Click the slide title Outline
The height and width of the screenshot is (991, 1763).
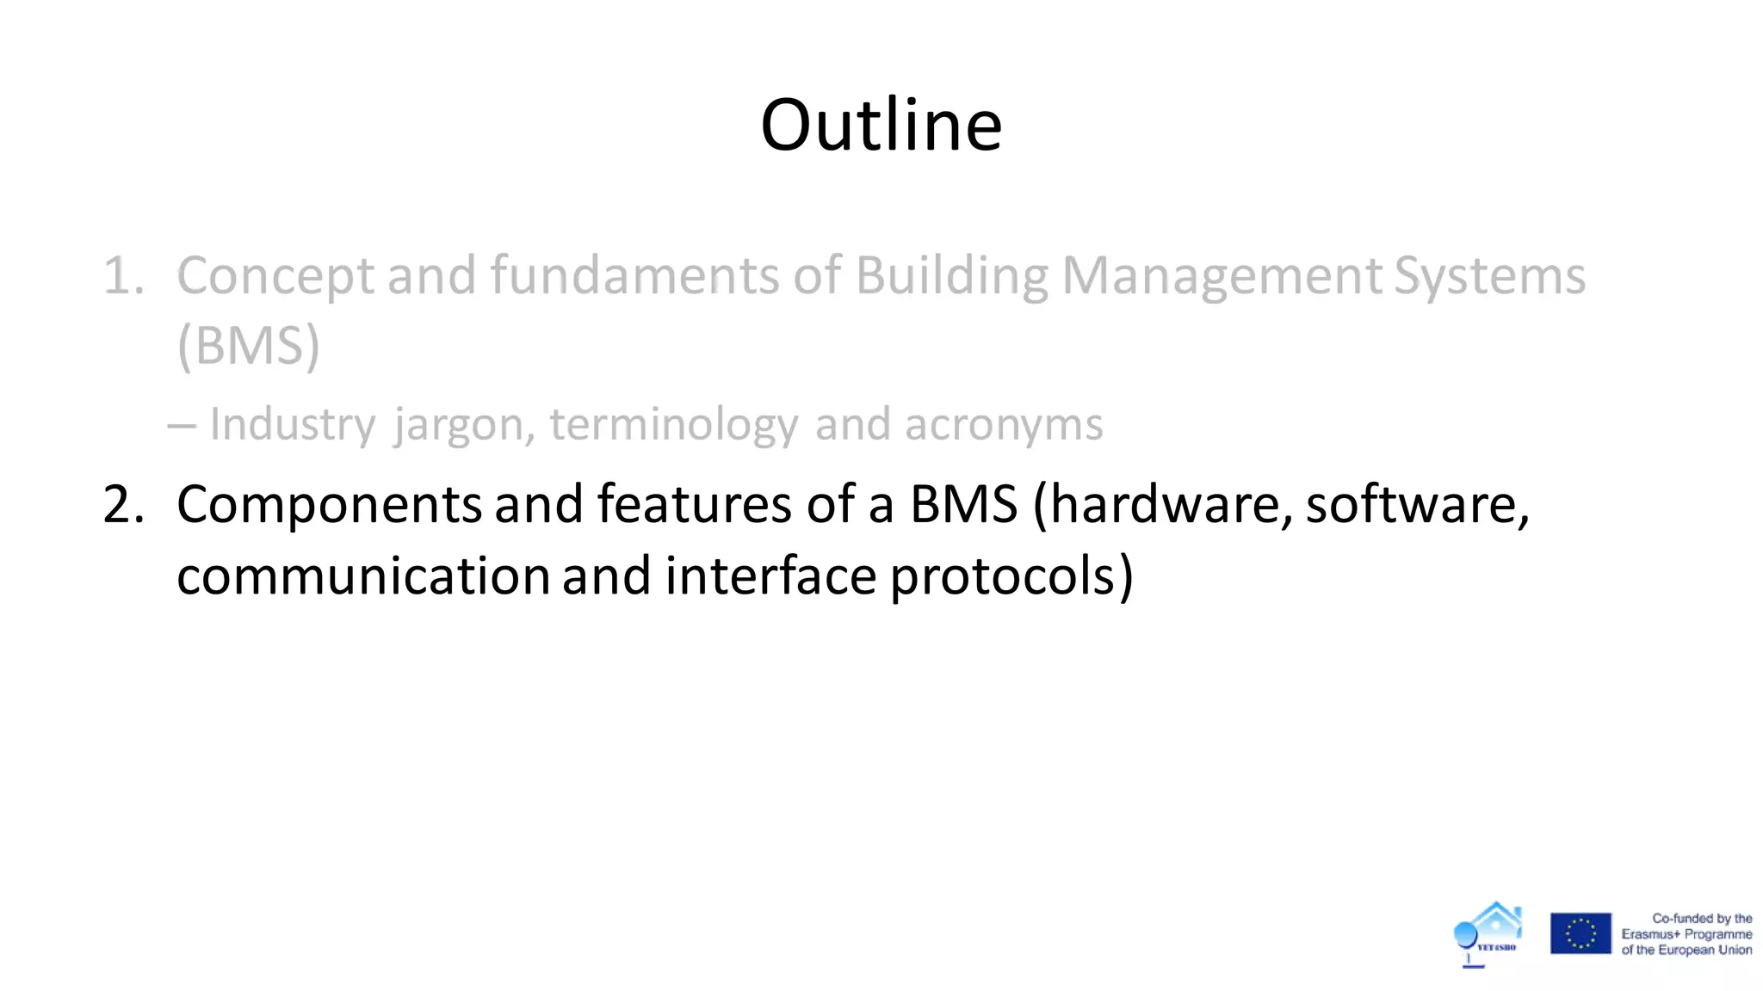tap(881, 126)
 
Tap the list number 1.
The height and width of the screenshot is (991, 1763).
tap(123, 277)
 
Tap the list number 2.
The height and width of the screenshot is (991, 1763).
tap(123, 505)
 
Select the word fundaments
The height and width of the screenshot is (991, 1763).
tap(634, 277)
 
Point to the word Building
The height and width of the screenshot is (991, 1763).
tap(952, 277)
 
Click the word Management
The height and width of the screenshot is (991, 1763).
tap(1222, 277)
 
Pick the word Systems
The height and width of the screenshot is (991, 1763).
tap(1489, 277)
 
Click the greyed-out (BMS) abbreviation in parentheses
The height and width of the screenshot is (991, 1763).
tap(249, 347)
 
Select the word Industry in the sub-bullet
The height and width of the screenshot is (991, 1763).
tap(293, 425)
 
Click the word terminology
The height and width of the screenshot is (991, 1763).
tap(674, 425)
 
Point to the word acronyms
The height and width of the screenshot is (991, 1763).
tap(1003, 425)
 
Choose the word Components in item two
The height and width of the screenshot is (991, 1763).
tap(329, 505)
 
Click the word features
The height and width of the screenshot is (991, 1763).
tap(694, 505)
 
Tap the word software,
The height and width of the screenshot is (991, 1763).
tap(1417, 505)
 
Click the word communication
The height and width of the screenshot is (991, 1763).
tap(363, 576)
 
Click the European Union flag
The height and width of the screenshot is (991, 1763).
tap(1581, 933)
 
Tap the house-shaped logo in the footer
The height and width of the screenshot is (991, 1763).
tap(1489, 933)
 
